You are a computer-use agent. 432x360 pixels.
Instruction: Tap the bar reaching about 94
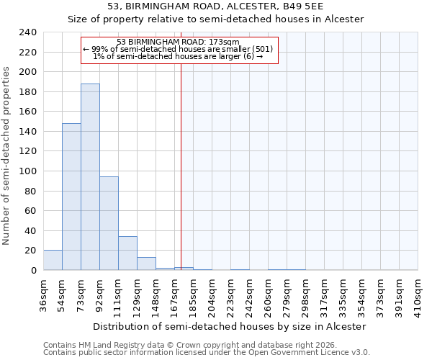tap(109, 223)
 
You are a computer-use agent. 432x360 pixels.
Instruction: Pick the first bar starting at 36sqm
tap(53, 260)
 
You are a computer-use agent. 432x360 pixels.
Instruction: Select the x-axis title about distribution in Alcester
tap(230, 326)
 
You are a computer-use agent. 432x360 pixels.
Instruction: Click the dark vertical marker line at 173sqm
tap(181, 166)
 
